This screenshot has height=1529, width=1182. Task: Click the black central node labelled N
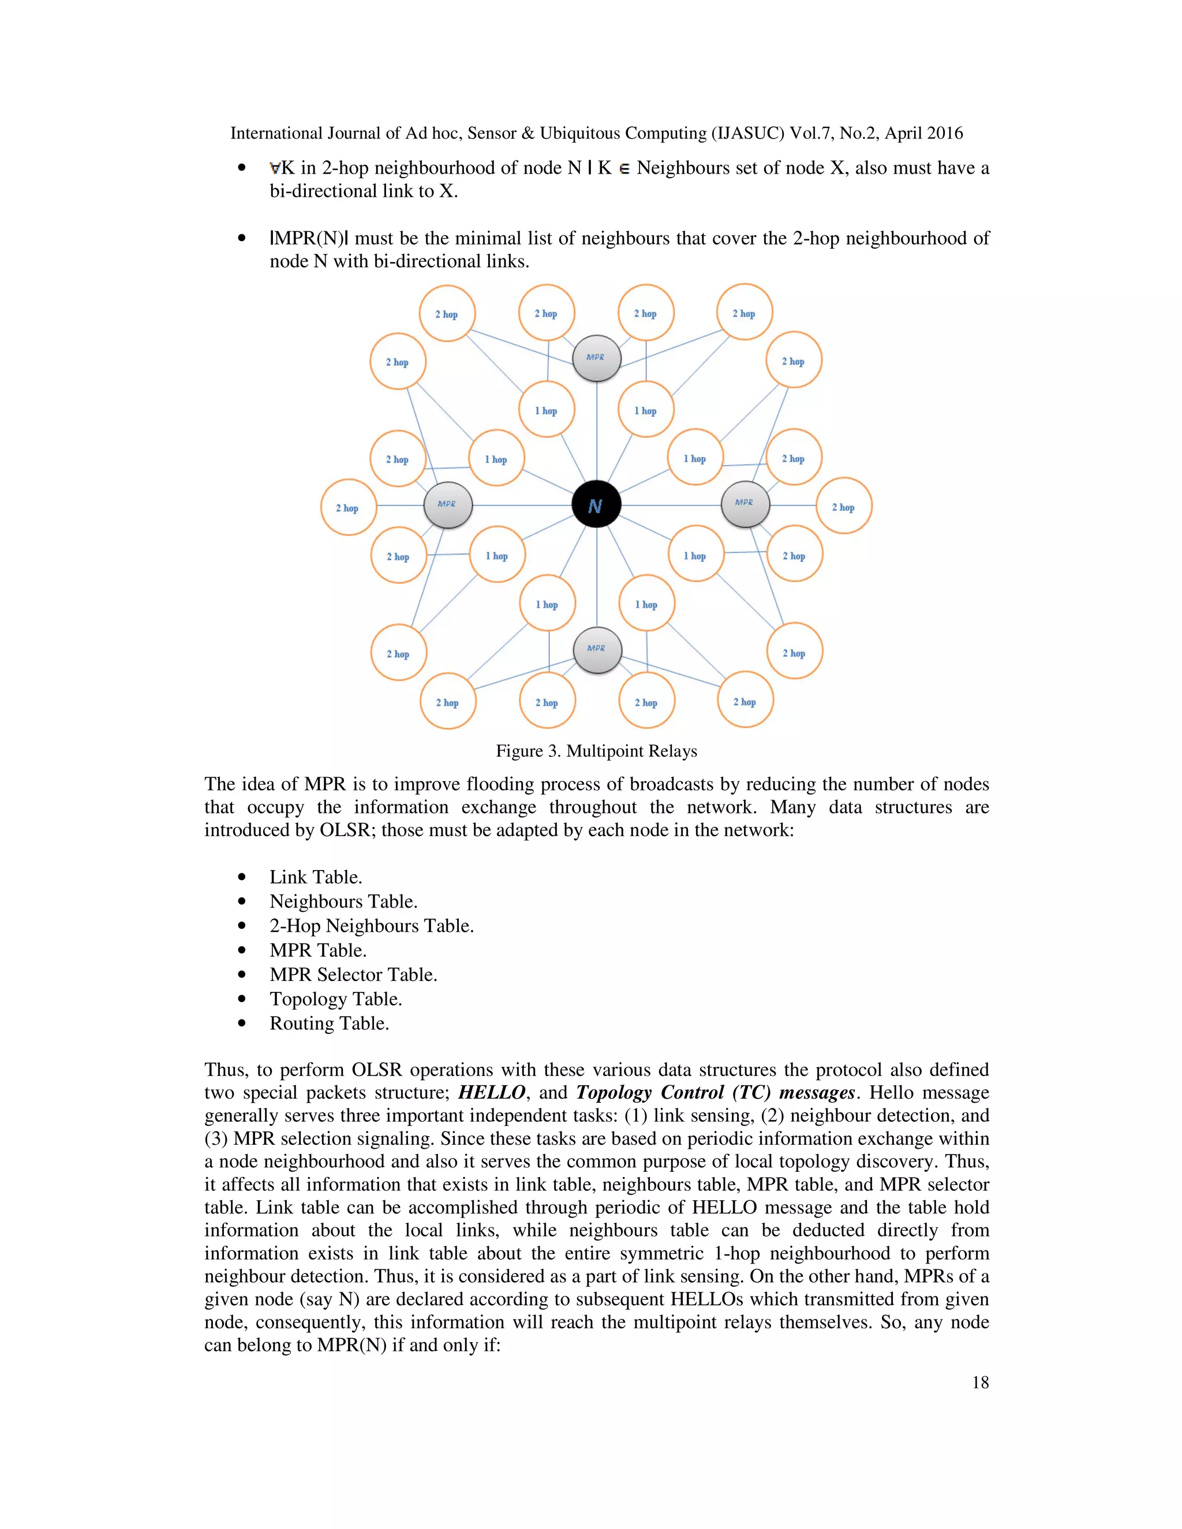coord(596,505)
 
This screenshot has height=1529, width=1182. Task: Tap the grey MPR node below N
coord(597,649)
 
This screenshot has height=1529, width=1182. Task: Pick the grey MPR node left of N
coord(447,505)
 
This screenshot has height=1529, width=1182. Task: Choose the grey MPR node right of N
coord(745,503)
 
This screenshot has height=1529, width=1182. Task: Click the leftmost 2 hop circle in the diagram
coord(348,508)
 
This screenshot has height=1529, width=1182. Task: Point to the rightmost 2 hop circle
coord(844,506)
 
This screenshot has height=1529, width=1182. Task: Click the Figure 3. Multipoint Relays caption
coord(596,751)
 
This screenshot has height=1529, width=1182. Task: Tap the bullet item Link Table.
coord(315,877)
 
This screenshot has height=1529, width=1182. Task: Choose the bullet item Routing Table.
coord(329,1024)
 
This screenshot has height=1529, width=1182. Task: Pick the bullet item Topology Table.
coord(335,999)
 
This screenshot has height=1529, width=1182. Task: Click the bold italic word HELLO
coord(492,1093)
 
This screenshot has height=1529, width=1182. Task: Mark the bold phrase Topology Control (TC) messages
coord(715,1093)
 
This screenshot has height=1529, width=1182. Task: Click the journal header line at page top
coord(596,133)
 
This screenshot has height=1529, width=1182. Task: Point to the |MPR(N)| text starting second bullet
coord(309,239)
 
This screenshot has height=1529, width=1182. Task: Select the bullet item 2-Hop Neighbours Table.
coord(371,926)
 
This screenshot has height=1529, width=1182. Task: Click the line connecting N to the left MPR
coord(522,505)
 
